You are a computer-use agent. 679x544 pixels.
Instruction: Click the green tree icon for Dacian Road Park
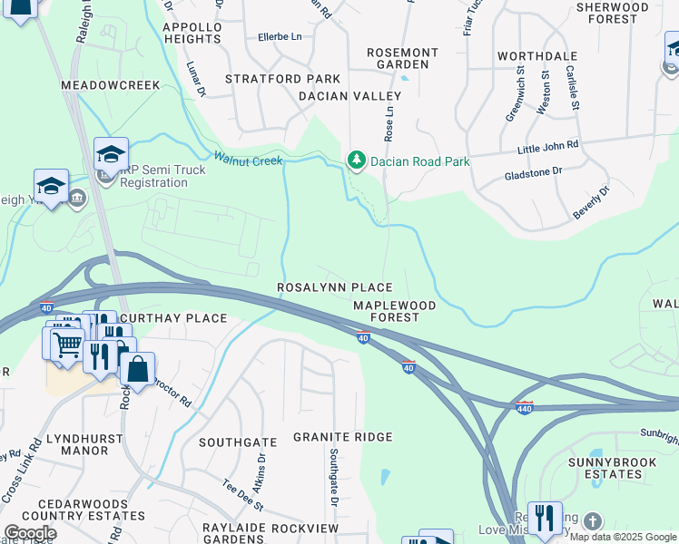pos(357,161)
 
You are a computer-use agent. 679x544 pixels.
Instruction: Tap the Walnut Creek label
pos(248,159)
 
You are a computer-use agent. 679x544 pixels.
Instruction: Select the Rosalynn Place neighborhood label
pos(335,287)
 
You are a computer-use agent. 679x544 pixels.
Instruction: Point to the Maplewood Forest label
pos(394,312)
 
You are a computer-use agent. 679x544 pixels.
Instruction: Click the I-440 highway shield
pos(524,406)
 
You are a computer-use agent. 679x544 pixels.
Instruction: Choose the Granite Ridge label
pos(342,437)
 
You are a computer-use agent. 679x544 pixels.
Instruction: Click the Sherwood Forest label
pos(625,13)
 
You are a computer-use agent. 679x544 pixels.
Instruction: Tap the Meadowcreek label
pos(110,85)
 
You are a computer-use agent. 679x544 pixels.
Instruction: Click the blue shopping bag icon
pos(137,369)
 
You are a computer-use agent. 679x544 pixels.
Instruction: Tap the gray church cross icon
pos(592,521)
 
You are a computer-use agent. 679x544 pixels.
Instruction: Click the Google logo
pos(30,533)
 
